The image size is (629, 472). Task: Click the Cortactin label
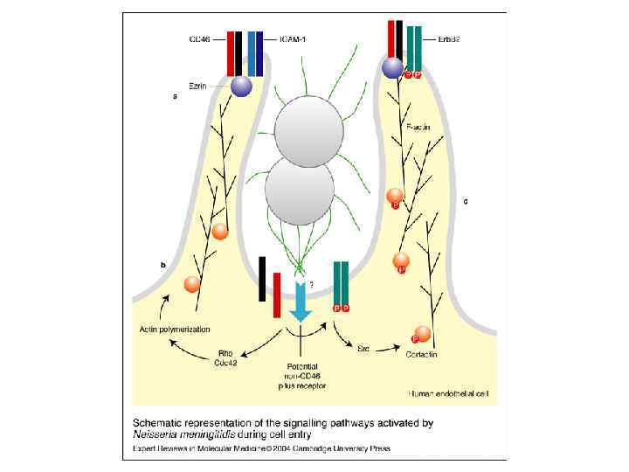click(x=423, y=353)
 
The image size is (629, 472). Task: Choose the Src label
click(x=363, y=348)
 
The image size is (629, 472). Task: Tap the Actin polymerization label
click(x=173, y=329)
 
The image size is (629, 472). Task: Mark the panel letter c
click(x=466, y=202)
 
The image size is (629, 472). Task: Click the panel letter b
click(x=162, y=264)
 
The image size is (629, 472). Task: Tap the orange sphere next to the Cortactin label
click(x=423, y=333)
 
